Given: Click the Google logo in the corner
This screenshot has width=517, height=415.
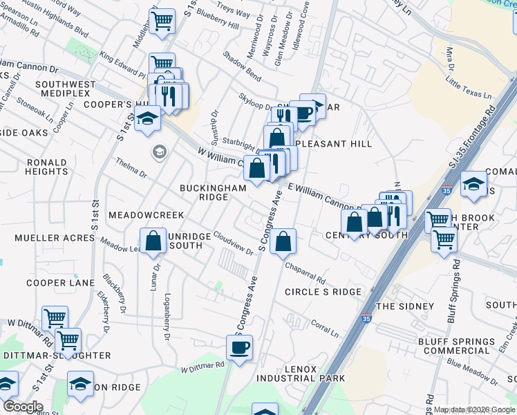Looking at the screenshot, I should pos(22,407).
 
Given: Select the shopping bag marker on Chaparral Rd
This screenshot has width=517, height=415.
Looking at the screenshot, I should pos(283,242).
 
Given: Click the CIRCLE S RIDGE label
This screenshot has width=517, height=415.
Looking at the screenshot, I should pos(323,292).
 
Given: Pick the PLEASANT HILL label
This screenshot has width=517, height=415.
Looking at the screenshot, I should pos(333,144).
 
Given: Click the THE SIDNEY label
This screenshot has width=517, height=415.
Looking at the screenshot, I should pos(404,306).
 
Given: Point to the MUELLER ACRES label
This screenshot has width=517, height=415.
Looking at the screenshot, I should pos(55,238).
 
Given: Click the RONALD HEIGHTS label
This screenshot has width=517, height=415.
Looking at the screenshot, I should pos(47,167).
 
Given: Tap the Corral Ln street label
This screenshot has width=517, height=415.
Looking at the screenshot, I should pos(324,328).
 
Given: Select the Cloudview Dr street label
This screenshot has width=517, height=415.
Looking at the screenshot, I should pos(233,243).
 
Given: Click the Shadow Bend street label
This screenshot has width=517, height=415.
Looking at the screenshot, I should pos(242,66).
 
